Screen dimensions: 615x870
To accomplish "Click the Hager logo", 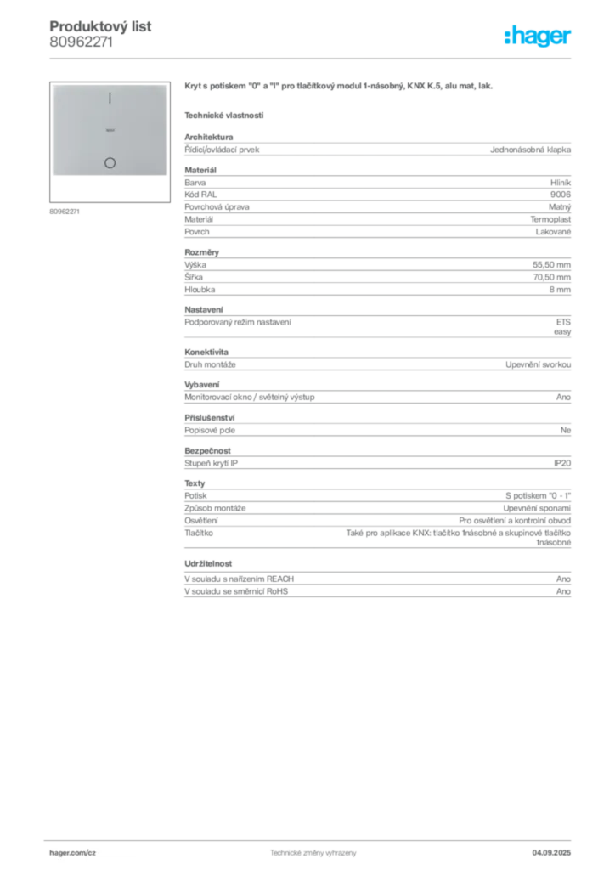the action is tap(537, 37).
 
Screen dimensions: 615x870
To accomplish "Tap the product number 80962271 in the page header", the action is tap(81, 42).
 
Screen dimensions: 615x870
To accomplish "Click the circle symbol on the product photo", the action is tap(110, 162).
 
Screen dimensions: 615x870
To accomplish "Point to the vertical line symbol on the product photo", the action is tap(110, 99).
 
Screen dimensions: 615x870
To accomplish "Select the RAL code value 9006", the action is tap(560, 195).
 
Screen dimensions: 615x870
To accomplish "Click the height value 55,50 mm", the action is tap(551, 265).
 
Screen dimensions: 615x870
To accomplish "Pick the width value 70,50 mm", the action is tap(551, 277).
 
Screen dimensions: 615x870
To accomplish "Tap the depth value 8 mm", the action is tap(560, 290).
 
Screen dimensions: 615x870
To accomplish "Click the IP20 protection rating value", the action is tap(561, 463).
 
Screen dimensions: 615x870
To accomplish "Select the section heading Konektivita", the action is tap(206, 352).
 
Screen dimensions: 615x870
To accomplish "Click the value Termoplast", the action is tap(550, 219).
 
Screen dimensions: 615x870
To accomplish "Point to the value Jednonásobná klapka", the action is tap(530, 150).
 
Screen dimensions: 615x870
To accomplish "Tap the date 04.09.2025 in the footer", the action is tap(551, 853).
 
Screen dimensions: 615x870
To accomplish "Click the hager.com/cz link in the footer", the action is tap(73, 853).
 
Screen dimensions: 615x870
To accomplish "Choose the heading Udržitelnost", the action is tap(208, 564).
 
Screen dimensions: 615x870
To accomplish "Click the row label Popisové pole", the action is tap(210, 430).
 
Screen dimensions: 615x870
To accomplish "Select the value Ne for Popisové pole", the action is tap(565, 430).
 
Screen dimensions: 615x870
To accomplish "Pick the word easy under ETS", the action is tap(561, 332).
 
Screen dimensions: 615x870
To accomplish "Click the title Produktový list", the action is tap(100, 26).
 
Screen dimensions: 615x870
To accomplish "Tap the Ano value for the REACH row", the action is tap(563, 579).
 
